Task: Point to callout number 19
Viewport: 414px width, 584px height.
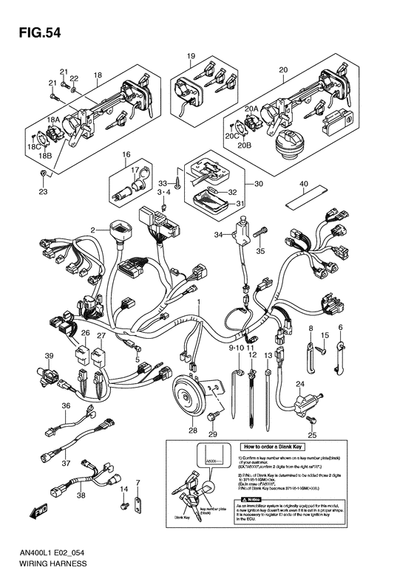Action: click(190, 57)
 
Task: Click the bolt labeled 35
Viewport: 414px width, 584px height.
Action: click(259, 234)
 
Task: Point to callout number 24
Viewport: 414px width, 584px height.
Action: click(300, 384)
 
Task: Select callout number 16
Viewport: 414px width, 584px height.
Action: click(126, 155)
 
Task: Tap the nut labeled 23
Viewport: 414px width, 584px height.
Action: click(43, 174)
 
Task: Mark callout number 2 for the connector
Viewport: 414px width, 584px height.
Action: click(93, 231)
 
